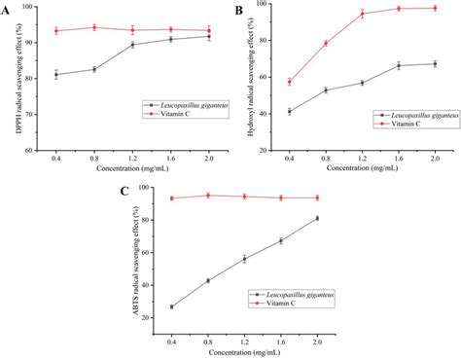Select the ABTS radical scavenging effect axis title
click(128, 258)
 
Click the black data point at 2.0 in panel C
click(317, 218)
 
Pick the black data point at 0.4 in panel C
click(172, 306)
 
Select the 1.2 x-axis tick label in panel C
click(245, 339)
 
